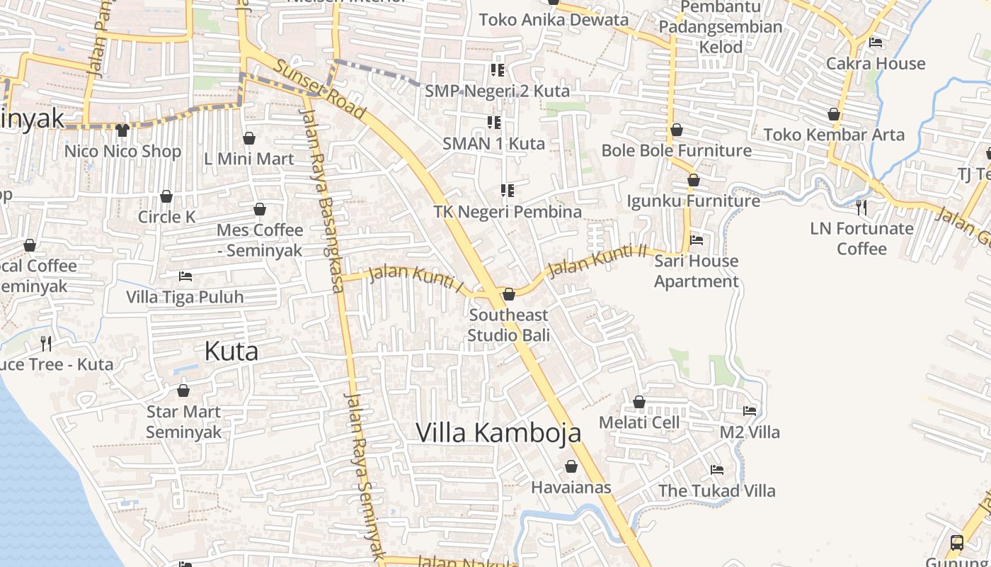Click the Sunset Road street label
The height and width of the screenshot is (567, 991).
(x=320, y=89)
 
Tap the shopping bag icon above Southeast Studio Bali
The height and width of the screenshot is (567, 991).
(x=508, y=294)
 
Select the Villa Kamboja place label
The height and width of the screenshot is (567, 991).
(x=498, y=432)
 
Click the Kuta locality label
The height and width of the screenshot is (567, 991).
(x=231, y=351)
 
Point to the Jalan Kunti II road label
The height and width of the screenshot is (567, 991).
(x=598, y=260)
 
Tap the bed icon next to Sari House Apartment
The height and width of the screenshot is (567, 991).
(x=697, y=240)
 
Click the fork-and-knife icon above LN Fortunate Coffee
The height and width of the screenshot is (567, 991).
(x=861, y=208)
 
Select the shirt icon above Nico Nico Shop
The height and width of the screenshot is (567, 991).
(x=122, y=130)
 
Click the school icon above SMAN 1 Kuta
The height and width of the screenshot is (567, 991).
(x=494, y=123)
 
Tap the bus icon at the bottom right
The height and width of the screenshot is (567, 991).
(x=956, y=543)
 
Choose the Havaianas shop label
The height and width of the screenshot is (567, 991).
(x=571, y=488)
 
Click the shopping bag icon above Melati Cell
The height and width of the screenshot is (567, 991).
(x=639, y=403)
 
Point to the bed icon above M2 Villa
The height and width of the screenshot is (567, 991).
(x=750, y=411)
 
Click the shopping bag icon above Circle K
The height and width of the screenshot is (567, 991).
(x=166, y=196)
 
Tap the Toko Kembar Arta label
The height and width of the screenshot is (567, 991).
(x=833, y=135)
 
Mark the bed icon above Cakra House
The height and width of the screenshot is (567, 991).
(x=876, y=43)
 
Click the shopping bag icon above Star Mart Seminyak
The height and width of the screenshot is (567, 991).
(x=183, y=391)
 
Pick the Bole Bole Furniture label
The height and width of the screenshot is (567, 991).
(x=676, y=150)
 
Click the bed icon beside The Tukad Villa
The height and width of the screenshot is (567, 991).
(x=717, y=470)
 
